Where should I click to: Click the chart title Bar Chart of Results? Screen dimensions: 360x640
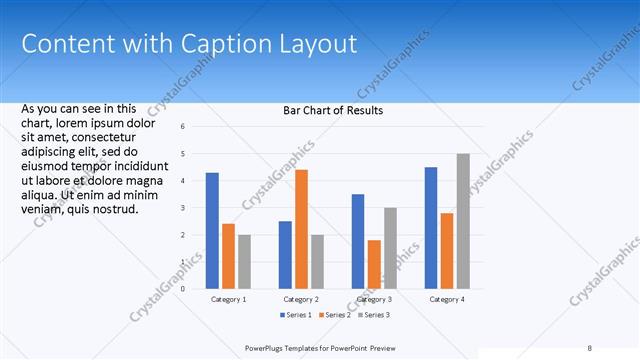(x=334, y=110)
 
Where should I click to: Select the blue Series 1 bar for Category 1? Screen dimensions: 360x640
(x=212, y=230)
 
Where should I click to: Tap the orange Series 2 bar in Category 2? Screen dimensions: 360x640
(x=301, y=229)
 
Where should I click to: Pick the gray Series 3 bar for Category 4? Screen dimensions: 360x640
(x=463, y=221)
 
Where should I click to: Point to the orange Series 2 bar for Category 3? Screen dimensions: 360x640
(x=374, y=264)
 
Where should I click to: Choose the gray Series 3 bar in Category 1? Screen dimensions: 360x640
(x=244, y=261)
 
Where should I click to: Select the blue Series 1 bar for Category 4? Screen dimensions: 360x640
(x=431, y=227)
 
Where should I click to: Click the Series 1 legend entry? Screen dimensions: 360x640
(x=295, y=315)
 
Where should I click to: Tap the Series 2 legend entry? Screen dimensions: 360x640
(x=333, y=315)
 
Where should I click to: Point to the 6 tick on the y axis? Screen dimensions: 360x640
(x=183, y=127)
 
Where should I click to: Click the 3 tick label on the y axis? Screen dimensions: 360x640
(x=183, y=208)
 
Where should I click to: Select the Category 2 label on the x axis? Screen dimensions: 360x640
(x=301, y=299)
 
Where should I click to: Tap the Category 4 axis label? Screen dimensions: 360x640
(x=447, y=299)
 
